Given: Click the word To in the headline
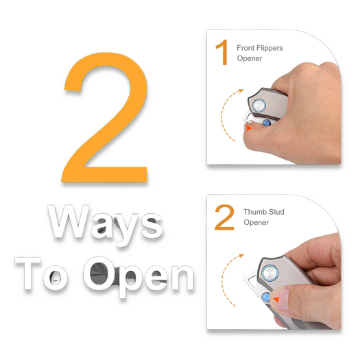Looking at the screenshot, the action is coord(41,274).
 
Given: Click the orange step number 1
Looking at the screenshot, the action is coord(222,52).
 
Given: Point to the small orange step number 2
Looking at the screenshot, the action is coord(224,217).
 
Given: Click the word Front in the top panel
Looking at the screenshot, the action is coord(245,48).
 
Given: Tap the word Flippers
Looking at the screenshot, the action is coord(269,49).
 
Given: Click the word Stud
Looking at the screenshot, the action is coord(276,212).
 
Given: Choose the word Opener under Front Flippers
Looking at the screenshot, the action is coord(250,58).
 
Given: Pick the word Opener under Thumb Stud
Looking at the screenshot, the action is coord(256,222).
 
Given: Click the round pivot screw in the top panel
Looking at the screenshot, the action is coord(259,106).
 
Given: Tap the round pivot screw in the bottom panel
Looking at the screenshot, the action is coord(270,273).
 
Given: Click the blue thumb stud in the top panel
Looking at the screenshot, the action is coord(266,123).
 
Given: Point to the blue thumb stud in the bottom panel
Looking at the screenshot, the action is coord(266,297).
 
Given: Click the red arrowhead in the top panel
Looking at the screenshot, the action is coord(249,128).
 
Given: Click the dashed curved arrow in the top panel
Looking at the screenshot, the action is coord(221,115).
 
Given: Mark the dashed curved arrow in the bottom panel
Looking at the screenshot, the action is coord(222,279).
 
